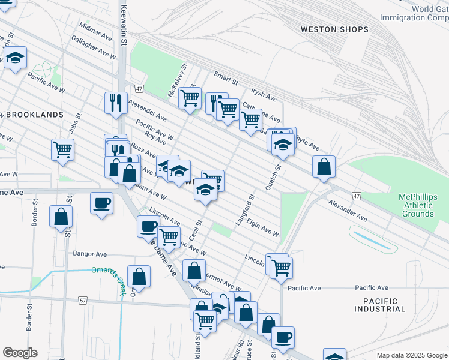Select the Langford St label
246,209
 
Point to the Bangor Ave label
89,254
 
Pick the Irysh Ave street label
264,95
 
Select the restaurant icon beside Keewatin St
115,103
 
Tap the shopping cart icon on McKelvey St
190,97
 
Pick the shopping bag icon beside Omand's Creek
139,276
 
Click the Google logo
20,353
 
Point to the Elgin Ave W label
263,229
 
